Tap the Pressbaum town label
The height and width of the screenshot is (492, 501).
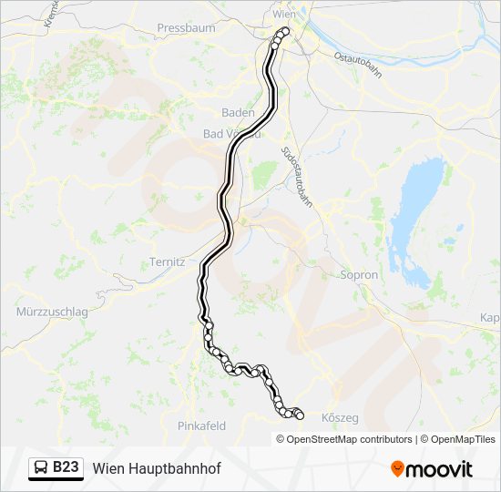(x=186, y=28)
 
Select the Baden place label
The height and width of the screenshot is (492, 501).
(x=238, y=113)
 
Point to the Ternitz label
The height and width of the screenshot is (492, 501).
(x=167, y=262)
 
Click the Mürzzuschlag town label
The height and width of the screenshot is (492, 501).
(x=52, y=312)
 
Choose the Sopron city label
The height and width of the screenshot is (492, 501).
(x=358, y=274)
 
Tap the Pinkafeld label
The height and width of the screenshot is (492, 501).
(x=201, y=425)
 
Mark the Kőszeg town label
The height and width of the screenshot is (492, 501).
(x=341, y=418)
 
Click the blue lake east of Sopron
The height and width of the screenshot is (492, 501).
(x=415, y=205)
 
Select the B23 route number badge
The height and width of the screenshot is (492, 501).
(x=66, y=467)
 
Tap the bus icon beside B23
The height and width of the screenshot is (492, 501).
(x=42, y=467)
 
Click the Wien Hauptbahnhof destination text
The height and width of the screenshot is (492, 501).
(x=156, y=468)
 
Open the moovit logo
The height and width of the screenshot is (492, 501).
(x=432, y=469)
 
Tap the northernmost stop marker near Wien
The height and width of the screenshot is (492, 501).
(x=283, y=32)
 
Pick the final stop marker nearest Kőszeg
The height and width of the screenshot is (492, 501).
(x=299, y=415)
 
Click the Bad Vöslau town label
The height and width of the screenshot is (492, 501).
(x=231, y=134)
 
